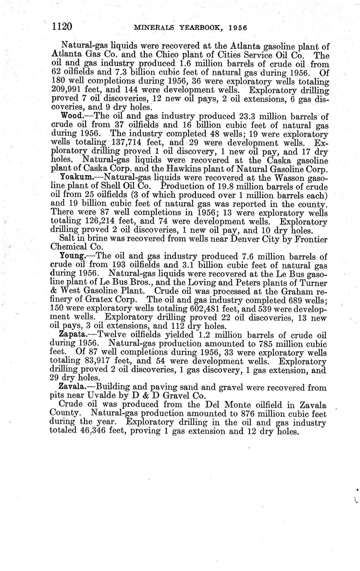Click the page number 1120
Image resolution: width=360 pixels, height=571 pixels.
click(x=62, y=27)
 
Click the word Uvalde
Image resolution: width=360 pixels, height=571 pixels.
click(x=105, y=396)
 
